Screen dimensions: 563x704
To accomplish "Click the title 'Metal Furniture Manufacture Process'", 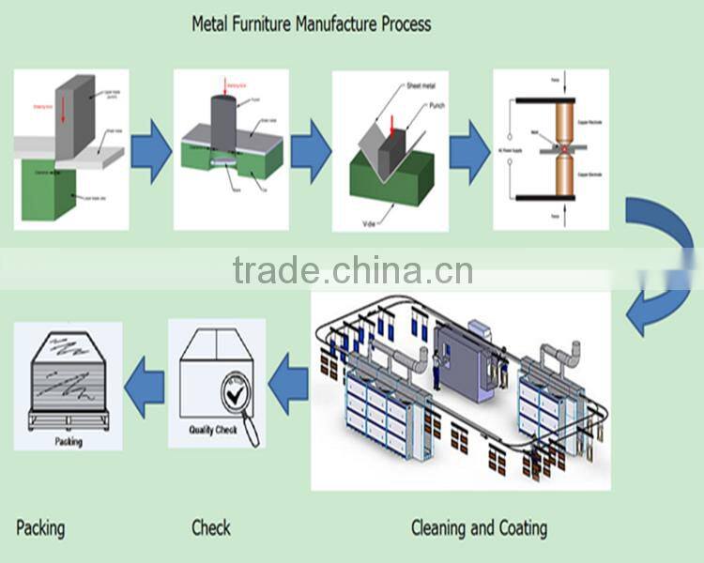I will pyautogui.click(x=312, y=23).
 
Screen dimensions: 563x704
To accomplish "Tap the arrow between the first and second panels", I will pyautogui.click(x=150, y=151).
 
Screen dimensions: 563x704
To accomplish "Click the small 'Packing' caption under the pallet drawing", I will pyautogui.click(x=69, y=441).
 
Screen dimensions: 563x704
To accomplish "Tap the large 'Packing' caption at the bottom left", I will pyautogui.click(x=40, y=527).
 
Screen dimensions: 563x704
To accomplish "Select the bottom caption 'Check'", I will pyautogui.click(x=211, y=527).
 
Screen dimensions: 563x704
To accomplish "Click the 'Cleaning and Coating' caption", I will pyautogui.click(x=479, y=527).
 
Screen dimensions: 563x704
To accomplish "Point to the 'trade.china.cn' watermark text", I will pyautogui.click(x=353, y=271).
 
